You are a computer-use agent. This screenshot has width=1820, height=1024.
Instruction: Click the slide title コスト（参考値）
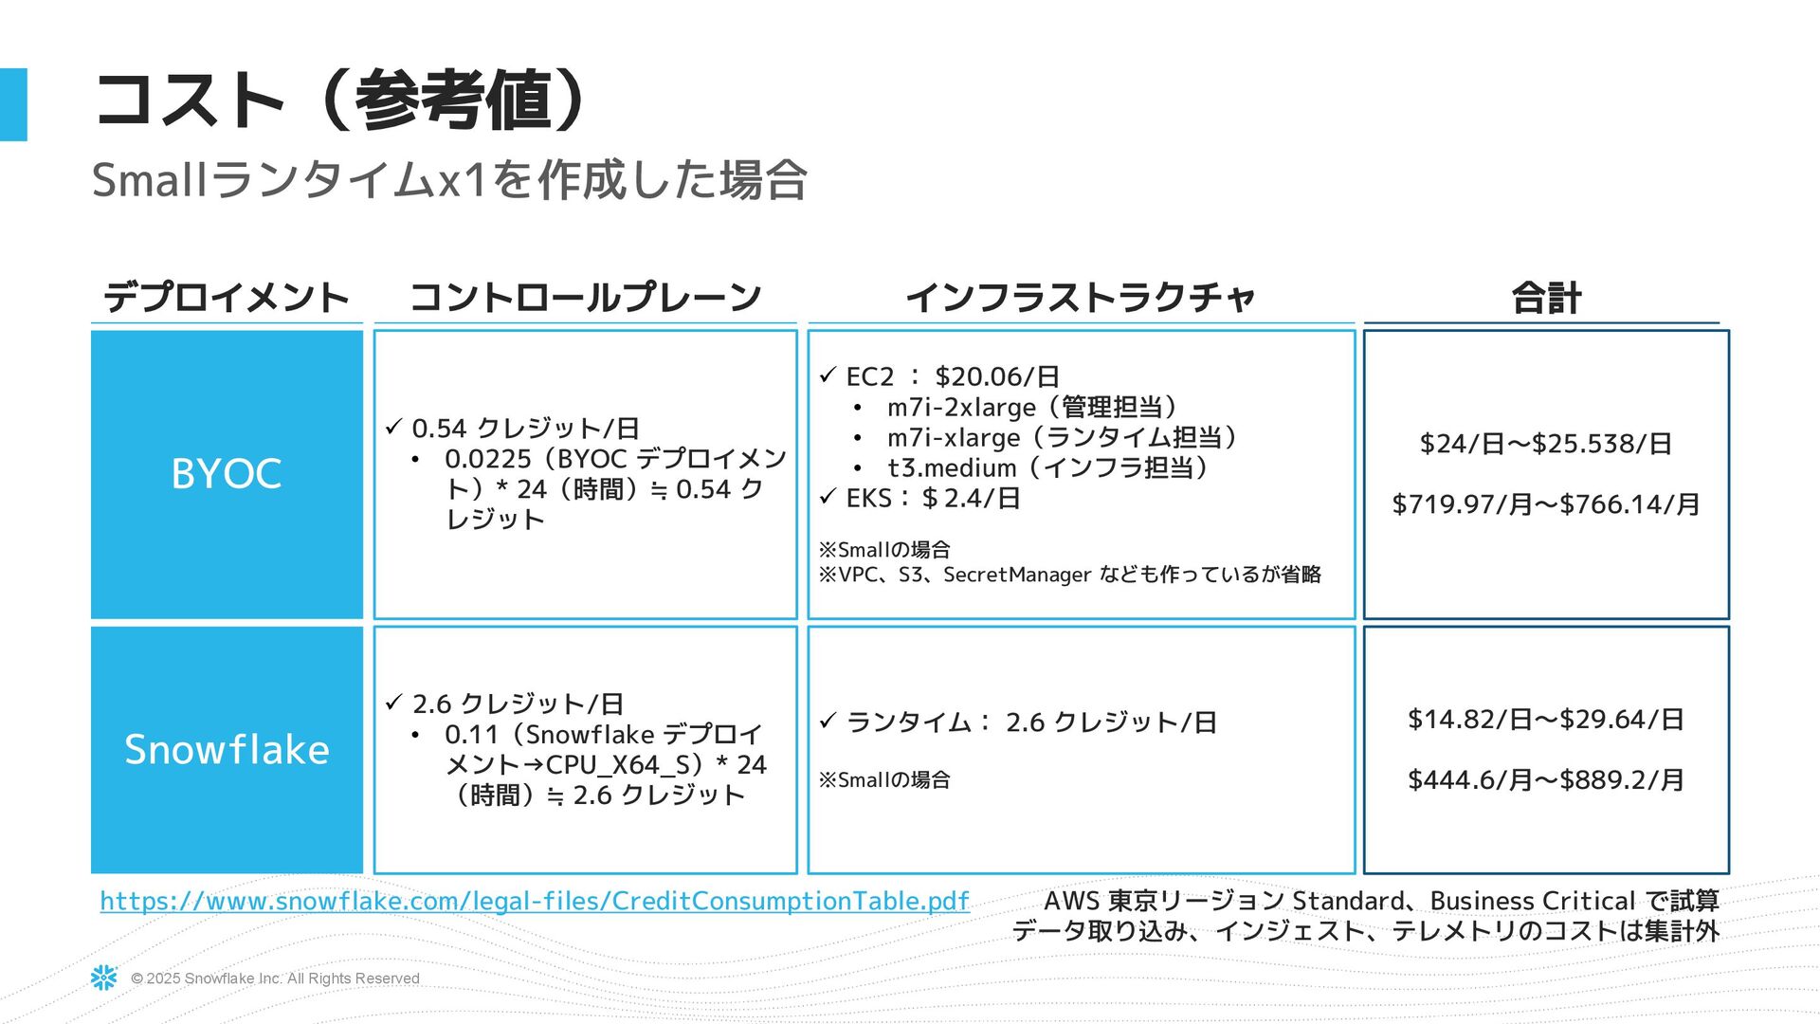[x=341, y=101]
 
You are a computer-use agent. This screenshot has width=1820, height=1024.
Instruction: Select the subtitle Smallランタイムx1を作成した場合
[x=448, y=179]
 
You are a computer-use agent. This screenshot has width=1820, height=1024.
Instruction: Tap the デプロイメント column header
[x=227, y=298]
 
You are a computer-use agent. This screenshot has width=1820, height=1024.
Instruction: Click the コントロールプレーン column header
[x=585, y=298]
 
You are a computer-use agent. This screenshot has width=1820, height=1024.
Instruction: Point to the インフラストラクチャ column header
[x=1081, y=298]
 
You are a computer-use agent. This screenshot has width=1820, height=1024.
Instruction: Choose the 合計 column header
[x=1545, y=299]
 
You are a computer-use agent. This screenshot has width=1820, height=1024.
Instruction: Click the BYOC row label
[x=227, y=474]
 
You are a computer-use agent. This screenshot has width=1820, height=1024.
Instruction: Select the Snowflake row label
[x=227, y=749]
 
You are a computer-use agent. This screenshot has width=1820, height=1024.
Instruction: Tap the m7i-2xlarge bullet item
[x=1031, y=408]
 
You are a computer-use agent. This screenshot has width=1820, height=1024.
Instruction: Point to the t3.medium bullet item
[x=1046, y=467]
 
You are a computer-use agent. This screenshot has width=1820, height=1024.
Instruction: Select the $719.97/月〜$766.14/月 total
[x=1545, y=504]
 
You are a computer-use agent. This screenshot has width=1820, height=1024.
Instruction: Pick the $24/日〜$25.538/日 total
[x=1545, y=444]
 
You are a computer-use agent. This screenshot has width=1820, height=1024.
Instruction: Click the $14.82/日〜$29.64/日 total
[x=1545, y=719]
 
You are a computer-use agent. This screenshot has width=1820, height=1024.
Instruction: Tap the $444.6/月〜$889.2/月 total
[x=1545, y=779]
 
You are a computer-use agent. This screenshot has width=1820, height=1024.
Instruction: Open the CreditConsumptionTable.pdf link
[x=535, y=901]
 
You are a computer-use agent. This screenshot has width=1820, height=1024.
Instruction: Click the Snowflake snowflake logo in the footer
[x=104, y=978]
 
